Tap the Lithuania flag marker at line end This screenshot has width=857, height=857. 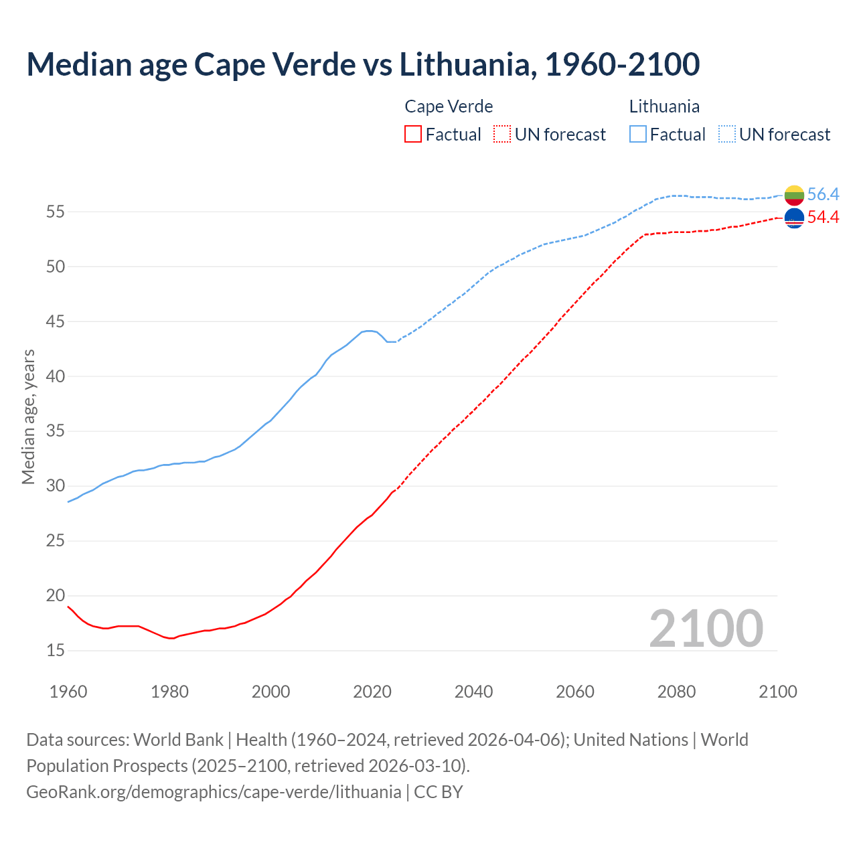point(794,195)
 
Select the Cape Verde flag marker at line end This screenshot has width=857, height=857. point(794,218)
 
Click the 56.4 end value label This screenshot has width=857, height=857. point(823,194)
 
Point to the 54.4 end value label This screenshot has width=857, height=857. point(823,217)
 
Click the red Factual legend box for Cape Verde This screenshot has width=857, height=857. point(413,135)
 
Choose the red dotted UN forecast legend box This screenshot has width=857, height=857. point(502,135)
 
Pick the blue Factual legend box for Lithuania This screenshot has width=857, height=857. point(638,135)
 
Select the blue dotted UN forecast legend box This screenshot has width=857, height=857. point(727,135)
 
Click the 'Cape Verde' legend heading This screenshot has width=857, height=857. point(449,106)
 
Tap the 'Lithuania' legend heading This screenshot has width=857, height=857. point(664,106)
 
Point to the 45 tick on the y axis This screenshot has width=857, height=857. point(56,322)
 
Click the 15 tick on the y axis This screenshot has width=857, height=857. point(56,651)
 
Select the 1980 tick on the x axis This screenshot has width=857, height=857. point(169,692)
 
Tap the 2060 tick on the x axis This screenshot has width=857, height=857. point(575,692)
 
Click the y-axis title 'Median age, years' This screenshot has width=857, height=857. point(28,416)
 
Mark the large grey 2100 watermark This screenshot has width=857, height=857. point(706,628)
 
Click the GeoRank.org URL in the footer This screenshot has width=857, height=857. point(214,792)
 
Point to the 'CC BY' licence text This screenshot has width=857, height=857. point(439,792)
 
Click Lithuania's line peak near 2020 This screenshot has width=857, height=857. point(369,331)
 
